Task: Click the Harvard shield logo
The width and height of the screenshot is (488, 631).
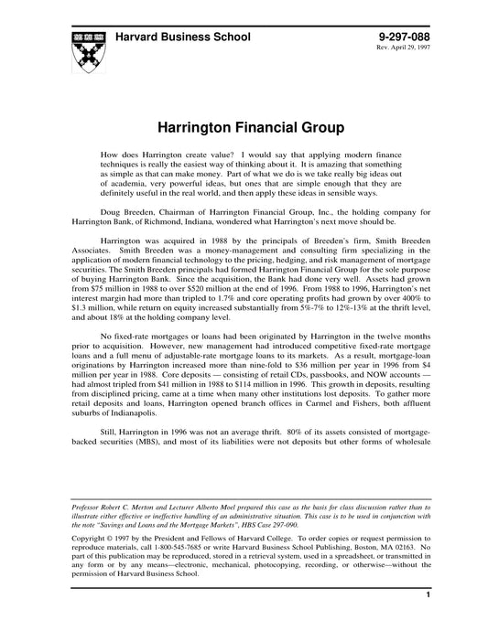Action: tap(83, 50)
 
